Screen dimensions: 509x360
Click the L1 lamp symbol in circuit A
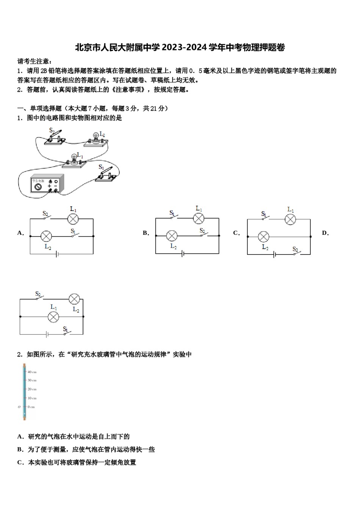(x=73, y=219)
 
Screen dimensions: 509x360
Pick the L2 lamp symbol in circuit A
(x=46, y=236)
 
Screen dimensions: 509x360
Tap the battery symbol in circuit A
(x=57, y=254)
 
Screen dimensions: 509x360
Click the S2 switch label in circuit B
(x=202, y=231)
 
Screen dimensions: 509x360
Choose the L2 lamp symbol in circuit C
(x=263, y=237)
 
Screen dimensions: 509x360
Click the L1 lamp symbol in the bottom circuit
(x=53, y=317)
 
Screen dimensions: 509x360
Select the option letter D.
(x=325, y=233)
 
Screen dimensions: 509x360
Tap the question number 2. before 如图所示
(x=20, y=354)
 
